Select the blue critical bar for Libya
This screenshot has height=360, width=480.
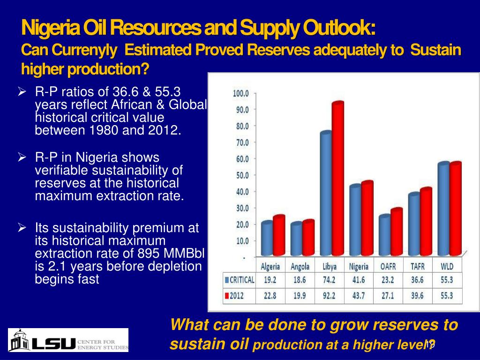click(x=326, y=195)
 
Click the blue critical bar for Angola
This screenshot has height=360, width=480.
click(x=296, y=240)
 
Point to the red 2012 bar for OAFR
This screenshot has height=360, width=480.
click(x=397, y=232)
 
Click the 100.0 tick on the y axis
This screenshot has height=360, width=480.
click(x=241, y=93)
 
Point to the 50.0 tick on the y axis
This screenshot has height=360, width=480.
click(x=241, y=175)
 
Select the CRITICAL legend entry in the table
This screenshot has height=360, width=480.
click(x=240, y=280)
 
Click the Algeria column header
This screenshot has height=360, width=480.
click(x=270, y=266)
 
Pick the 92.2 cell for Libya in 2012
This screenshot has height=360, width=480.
click(x=329, y=296)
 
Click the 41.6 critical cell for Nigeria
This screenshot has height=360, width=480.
click(x=359, y=280)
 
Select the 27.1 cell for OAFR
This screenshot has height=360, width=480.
click(x=389, y=296)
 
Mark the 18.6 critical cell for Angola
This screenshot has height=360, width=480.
click(x=300, y=280)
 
